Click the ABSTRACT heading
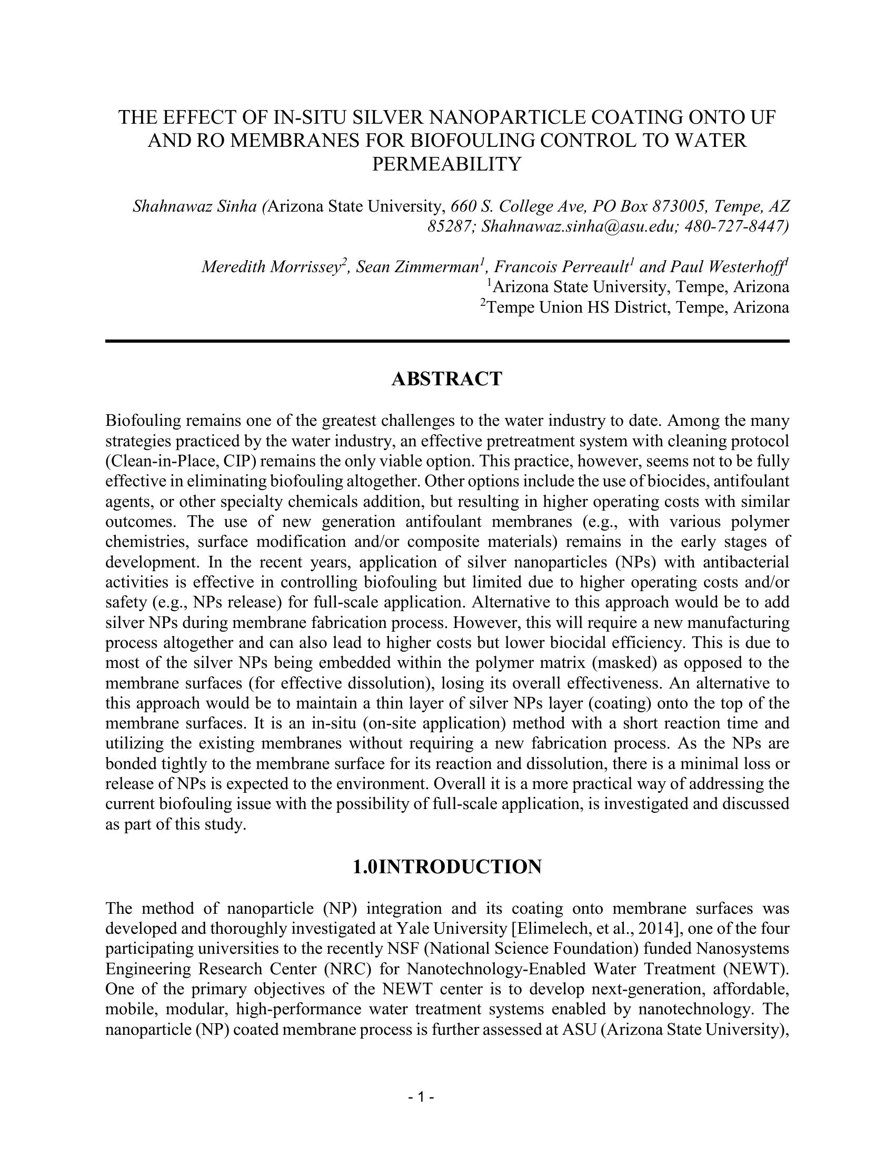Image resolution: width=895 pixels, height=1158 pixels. [x=446, y=379]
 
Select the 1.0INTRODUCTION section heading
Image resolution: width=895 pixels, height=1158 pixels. [x=447, y=867]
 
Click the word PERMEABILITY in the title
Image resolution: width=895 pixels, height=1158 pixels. [x=446, y=164]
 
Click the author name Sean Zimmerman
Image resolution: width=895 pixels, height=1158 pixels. [x=417, y=267]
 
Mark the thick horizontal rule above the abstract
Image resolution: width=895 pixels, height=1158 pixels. [x=447, y=341]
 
